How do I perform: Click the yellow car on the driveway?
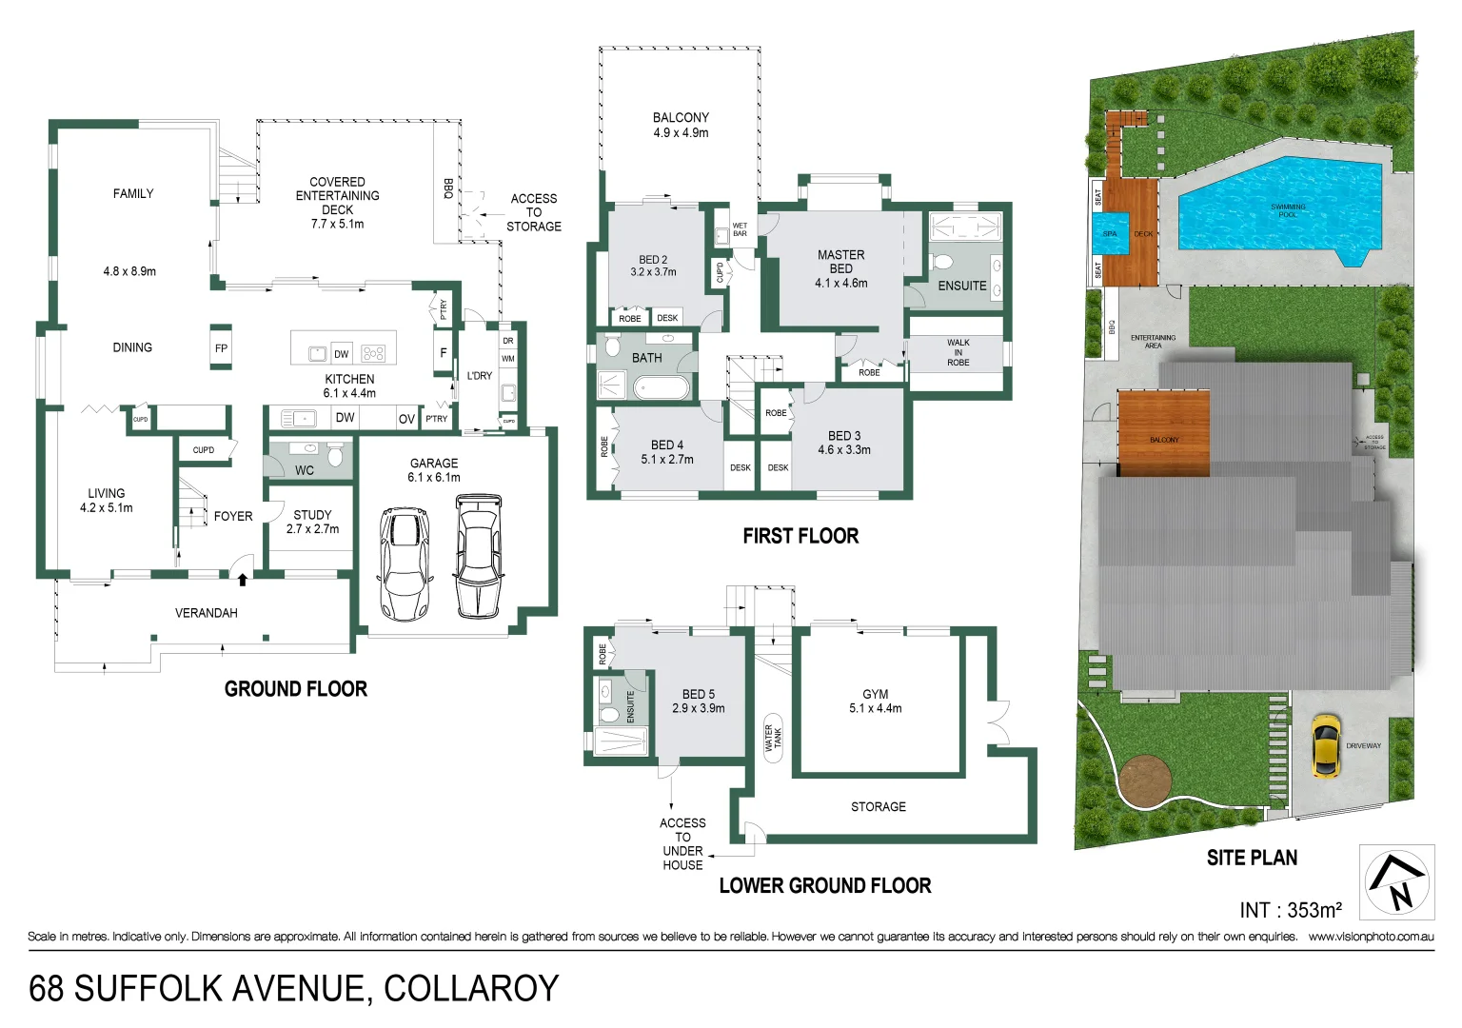pos(1324,745)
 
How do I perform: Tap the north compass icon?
pos(1396,882)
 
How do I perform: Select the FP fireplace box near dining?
pos(221,348)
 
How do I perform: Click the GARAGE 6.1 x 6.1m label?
pos(434,470)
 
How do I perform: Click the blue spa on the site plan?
pos(1110,234)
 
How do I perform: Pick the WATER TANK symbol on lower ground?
pos(773,737)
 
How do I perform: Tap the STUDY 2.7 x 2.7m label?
pos(312,522)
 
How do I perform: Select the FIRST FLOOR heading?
pos(800,536)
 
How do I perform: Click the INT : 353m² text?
pos(1290,910)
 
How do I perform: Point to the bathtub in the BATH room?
pos(661,387)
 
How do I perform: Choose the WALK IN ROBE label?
pos(958,352)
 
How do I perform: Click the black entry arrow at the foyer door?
pos(243,578)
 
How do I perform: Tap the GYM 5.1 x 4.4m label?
pos(875,702)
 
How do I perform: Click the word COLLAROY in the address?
pos(471,989)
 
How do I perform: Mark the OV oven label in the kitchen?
pos(406,419)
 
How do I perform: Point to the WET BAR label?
pos(740,229)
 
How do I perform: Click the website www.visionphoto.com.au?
pos(1371,937)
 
